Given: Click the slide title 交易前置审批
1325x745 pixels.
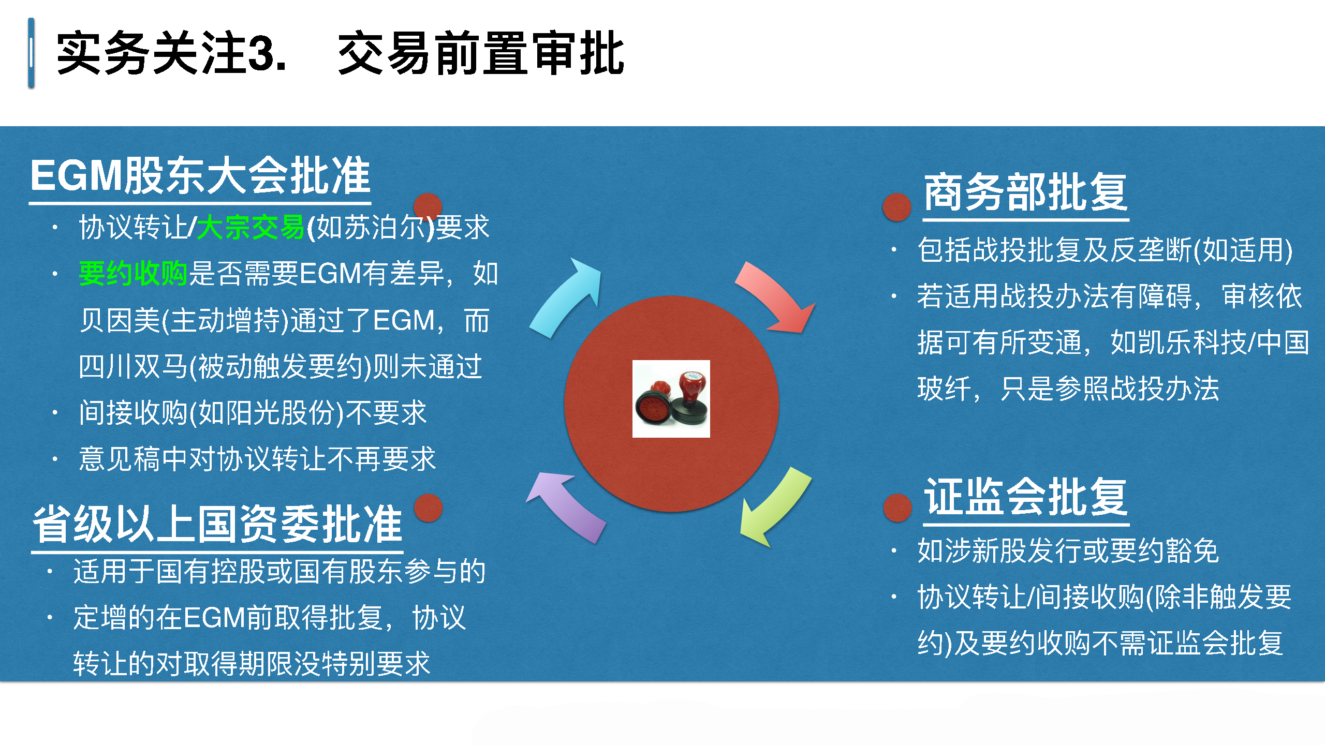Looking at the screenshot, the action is (x=481, y=53).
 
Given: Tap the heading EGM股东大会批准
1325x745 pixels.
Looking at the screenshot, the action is (x=200, y=176).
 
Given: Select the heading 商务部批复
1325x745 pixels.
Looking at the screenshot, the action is (x=1025, y=192).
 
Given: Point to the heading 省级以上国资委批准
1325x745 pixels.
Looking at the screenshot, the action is (x=217, y=524).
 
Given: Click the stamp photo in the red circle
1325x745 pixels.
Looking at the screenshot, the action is (x=671, y=399).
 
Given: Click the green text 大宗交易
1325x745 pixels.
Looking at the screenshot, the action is (x=251, y=228).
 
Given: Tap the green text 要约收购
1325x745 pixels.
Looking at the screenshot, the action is (x=133, y=274).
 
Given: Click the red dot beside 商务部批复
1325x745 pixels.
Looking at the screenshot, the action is (x=897, y=207).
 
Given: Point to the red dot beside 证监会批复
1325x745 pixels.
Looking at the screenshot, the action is (x=897, y=508).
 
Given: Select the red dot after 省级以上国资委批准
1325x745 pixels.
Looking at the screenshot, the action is (x=429, y=508).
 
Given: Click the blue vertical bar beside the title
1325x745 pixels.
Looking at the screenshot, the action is (x=32, y=53).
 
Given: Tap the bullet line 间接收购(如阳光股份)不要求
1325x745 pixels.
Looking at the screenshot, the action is (x=253, y=413).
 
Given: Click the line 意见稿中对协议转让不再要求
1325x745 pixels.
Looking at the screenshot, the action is (x=257, y=459).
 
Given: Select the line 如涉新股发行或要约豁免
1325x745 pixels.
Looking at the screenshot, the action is (x=1068, y=550).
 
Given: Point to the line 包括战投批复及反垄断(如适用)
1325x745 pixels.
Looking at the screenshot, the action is (x=1105, y=250).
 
